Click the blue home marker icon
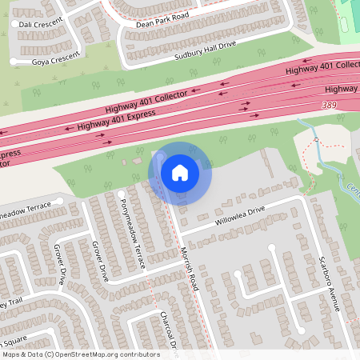(x=180, y=172)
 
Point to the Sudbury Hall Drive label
(x=206, y=54)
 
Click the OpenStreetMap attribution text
(x=81, y=354)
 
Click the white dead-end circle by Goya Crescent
(x=14, y=62)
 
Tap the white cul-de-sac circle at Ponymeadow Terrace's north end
(x=122, y=194)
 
